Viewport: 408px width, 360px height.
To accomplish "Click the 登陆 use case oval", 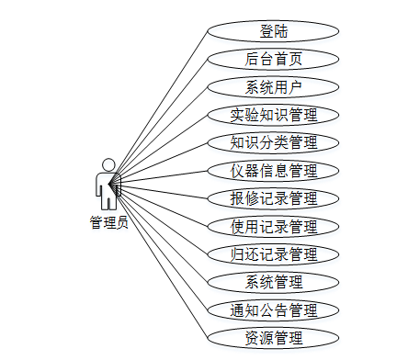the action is click(274, 32).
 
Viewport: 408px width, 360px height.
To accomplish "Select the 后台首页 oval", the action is click(274, 60).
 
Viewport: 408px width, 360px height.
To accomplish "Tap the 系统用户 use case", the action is click(274, 87).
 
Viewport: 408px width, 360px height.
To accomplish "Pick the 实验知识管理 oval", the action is click(274, 115).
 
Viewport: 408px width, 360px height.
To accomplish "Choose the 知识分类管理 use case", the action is click(274, 142).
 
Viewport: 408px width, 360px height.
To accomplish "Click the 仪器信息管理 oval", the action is click(274, 170).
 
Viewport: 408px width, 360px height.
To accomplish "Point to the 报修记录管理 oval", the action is click(274, 197).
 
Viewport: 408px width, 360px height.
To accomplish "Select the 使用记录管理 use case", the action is click(274, 226).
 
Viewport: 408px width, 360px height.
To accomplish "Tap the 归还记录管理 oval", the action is click(274, 253).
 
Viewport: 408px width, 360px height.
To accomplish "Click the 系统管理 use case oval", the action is click(274, 281).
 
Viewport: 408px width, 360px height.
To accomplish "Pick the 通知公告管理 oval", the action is click(274, 309).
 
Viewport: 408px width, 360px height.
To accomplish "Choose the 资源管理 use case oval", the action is click(274, 337).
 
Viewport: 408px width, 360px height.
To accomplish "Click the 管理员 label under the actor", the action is click(108, 221).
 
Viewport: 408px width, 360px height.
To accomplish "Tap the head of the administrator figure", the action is click(108, 164).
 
